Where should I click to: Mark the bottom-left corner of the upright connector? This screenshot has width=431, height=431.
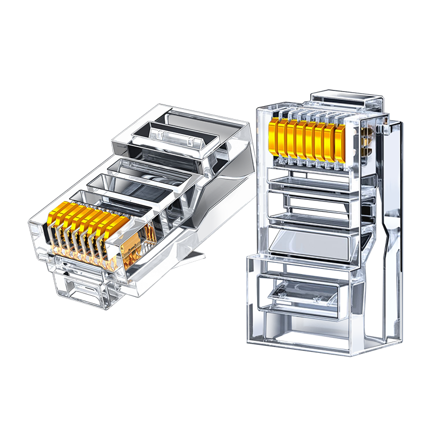click(249, 340)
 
